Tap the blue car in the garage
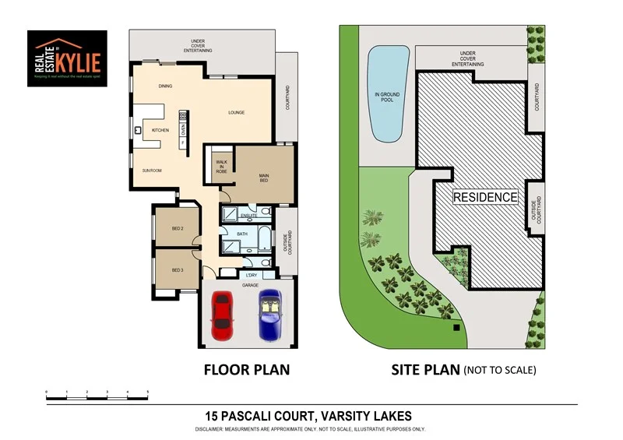click(270, 315)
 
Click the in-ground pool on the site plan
click(387, 94)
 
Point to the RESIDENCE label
click(485, 197)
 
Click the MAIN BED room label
click(264, 178)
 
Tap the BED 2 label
click(177, 228)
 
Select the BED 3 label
click(177, 270)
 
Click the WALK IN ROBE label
click(221, 166)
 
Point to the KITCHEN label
click(160, 129)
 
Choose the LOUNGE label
click(236, 113)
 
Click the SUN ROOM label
click(151, 170)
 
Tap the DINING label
click(165, 86)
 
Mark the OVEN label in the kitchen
click(184, 130)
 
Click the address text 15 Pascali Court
click(308, 416)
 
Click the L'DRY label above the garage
click(251, 276)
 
